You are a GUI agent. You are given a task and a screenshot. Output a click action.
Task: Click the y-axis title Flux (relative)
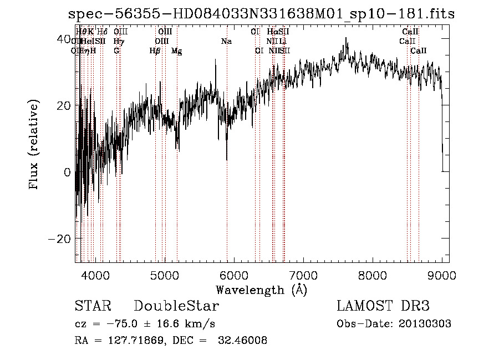point(34,145)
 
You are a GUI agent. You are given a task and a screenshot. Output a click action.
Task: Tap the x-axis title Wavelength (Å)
point(261,290)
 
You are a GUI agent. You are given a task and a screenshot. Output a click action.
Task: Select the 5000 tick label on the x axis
point(165,275)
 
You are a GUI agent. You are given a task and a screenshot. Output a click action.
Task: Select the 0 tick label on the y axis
point(67,172)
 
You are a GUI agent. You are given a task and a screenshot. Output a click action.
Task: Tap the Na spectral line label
point(226,42)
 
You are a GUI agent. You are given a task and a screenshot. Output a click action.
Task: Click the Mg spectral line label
point(176,51)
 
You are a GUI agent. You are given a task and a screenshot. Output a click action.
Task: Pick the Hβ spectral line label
point(155,51)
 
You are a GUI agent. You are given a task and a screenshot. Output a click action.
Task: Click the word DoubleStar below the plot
point(176,306)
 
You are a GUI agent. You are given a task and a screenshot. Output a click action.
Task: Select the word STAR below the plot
point(93,306)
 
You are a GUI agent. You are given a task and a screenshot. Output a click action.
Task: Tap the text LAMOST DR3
point(383,306)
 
